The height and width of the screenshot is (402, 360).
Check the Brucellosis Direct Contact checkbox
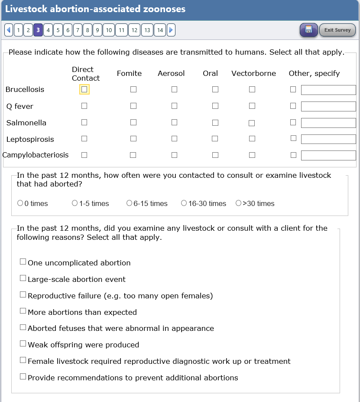pyautogui.click(x=84, y=89)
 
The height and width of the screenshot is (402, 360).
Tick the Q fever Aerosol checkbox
pyautogui.click(x=174, y=106)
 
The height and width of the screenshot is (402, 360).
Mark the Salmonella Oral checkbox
pyautogui.click(x=215, y=123)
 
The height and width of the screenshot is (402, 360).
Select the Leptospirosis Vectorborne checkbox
pyautogui.click(x=252, y=139)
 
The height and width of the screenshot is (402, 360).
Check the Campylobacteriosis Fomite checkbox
pyautogui.click(x=133, y=155)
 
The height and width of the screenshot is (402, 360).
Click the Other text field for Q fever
pyautogui.click(x=328, y=106)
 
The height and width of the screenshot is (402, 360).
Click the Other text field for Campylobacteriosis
pyautogui.click(x=328, y=155)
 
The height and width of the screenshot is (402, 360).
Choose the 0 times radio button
pyautogui.click(x=20, y=203)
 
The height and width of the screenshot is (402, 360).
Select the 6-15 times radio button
pyautogui.click(x=129, y=203)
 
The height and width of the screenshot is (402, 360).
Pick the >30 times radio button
pyautogui.click(x=238, y=203)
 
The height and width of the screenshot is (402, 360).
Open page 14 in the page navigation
pyautogui.click(x=160, y=30)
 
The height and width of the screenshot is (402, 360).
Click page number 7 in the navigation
pyautogui.click(x=78, y=30)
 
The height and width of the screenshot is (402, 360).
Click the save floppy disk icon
pyautogui.click(x=308, y=29)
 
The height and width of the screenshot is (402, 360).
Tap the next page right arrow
pyautogui.click(x=171, y=30)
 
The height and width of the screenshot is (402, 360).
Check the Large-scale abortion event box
pyautogui.click(x=23, y=278)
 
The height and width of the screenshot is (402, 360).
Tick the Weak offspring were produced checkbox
pyautogui.click(x=23, y=343)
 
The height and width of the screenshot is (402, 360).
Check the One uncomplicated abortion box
pyautogui.click(x=23, y=261)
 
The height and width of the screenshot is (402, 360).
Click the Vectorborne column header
pyautogui.click(x=253, y=73)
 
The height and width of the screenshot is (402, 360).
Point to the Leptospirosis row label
pyautogui.click(x=30, y=139)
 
